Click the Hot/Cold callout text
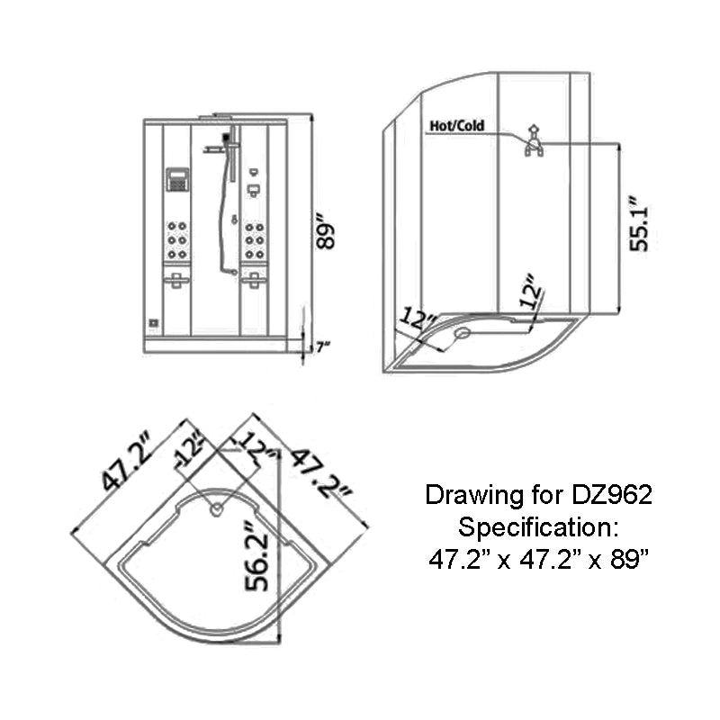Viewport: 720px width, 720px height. pos(456,126)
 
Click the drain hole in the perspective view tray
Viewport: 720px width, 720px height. pos(463,332)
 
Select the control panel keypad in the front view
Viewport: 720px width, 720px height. pos(177,178)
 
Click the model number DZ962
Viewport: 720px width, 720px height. pos(611,495)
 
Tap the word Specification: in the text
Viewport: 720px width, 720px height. pos(538,526)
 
